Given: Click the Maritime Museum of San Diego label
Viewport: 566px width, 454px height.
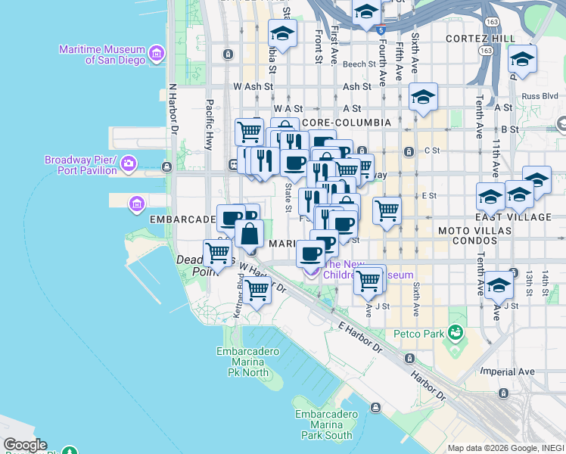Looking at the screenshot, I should (x=103, y=54).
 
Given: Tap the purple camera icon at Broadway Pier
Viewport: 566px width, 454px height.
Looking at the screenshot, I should (x=129, y=163).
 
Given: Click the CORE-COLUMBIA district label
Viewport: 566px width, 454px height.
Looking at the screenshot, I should (x=346, y=123).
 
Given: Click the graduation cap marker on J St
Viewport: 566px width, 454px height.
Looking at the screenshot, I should (x=499, y=287).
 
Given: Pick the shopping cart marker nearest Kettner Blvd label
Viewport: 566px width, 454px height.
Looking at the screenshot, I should (x=257, y=290).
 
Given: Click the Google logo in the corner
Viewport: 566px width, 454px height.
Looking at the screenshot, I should (x=25, y=445).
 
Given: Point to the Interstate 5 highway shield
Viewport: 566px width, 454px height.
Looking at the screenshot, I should (x=380, y=31).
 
